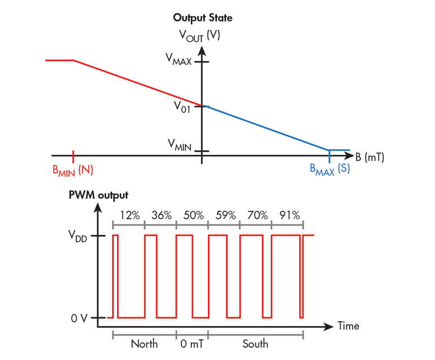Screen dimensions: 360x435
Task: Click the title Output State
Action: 202,18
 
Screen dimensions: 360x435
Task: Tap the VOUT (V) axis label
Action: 199,36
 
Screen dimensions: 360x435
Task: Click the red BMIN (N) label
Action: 73,170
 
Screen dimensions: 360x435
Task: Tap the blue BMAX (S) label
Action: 329,169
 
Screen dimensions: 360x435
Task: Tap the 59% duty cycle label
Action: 224,215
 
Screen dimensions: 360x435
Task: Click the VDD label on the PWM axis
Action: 81,236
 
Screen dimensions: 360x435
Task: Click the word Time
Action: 349,326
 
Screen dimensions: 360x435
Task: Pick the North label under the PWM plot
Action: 144,344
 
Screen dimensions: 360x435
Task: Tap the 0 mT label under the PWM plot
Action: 192,344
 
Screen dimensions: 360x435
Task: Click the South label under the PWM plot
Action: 255,344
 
